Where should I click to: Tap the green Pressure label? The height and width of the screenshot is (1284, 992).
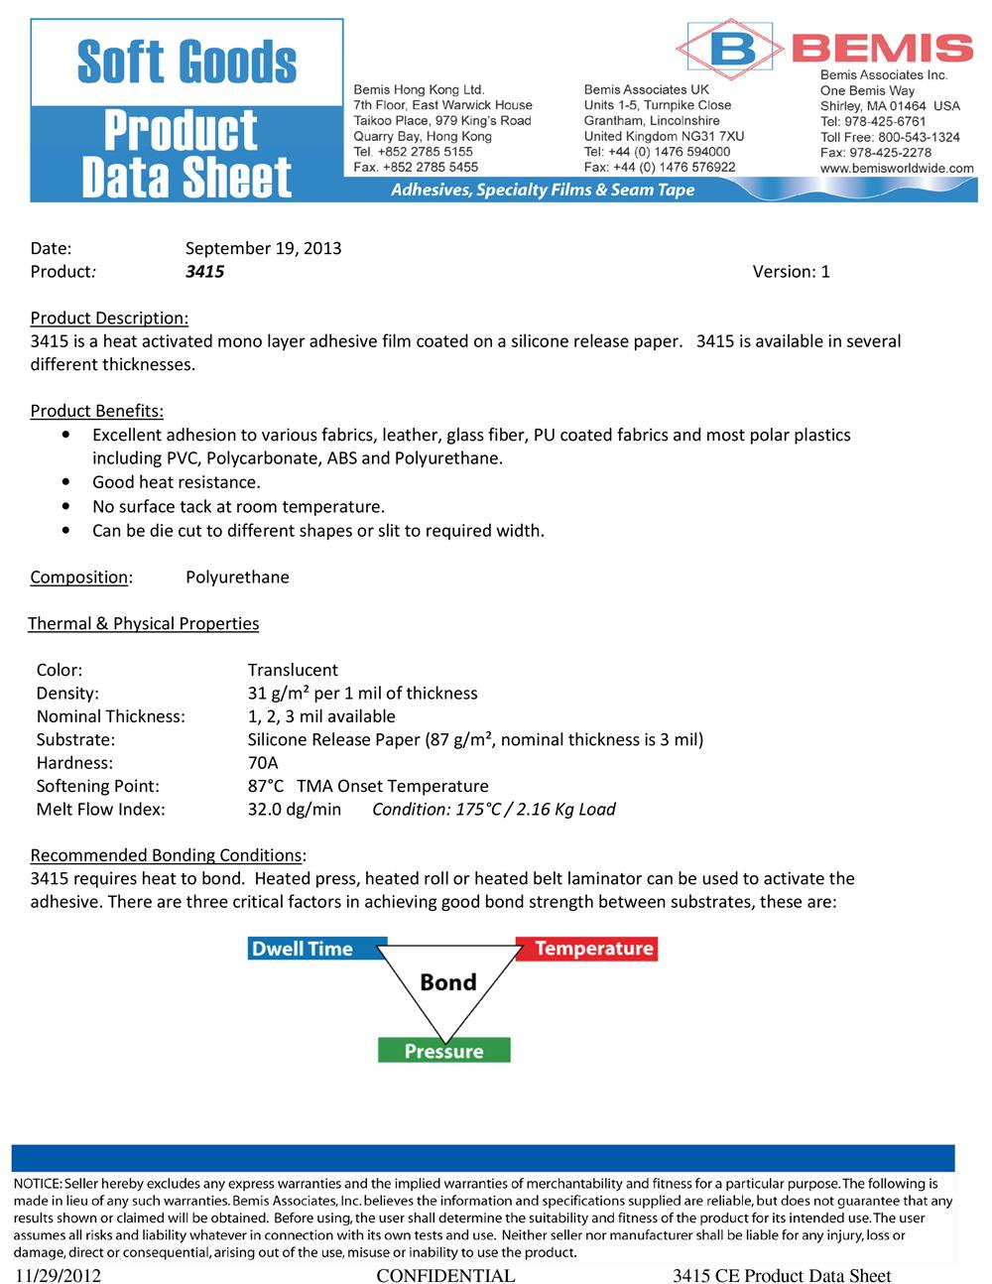pos(443,1051)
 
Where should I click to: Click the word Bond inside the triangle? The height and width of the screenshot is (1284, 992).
pos(448,982)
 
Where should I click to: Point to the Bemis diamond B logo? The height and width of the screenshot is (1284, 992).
pos(731,48)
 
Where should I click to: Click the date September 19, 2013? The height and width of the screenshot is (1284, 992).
pos(263,248)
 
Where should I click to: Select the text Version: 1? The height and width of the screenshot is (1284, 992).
pos(791,272)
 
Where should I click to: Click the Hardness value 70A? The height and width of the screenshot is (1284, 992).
pos(263,763)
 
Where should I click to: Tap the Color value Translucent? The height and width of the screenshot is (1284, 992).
pos(293,671)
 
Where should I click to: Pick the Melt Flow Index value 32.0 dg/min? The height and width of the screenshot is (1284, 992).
pos(294,810)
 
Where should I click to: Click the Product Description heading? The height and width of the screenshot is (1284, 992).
pos(109,319)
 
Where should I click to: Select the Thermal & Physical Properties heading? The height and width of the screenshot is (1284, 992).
pos(143,624)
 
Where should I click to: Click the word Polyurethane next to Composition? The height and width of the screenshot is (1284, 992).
pos(237,578)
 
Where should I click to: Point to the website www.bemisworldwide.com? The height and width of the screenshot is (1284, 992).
pos(897,169)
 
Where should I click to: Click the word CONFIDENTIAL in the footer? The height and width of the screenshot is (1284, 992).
pos(445,1275)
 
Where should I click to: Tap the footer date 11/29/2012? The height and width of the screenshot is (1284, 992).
pos(58,1275)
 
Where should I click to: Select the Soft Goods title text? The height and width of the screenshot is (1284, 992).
pos(186,62)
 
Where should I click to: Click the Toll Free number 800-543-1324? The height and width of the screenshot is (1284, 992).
pos(919,137)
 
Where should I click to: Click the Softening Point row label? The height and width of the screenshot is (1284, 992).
pos(97,787)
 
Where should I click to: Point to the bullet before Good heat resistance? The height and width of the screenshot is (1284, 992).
pos(65,482)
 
